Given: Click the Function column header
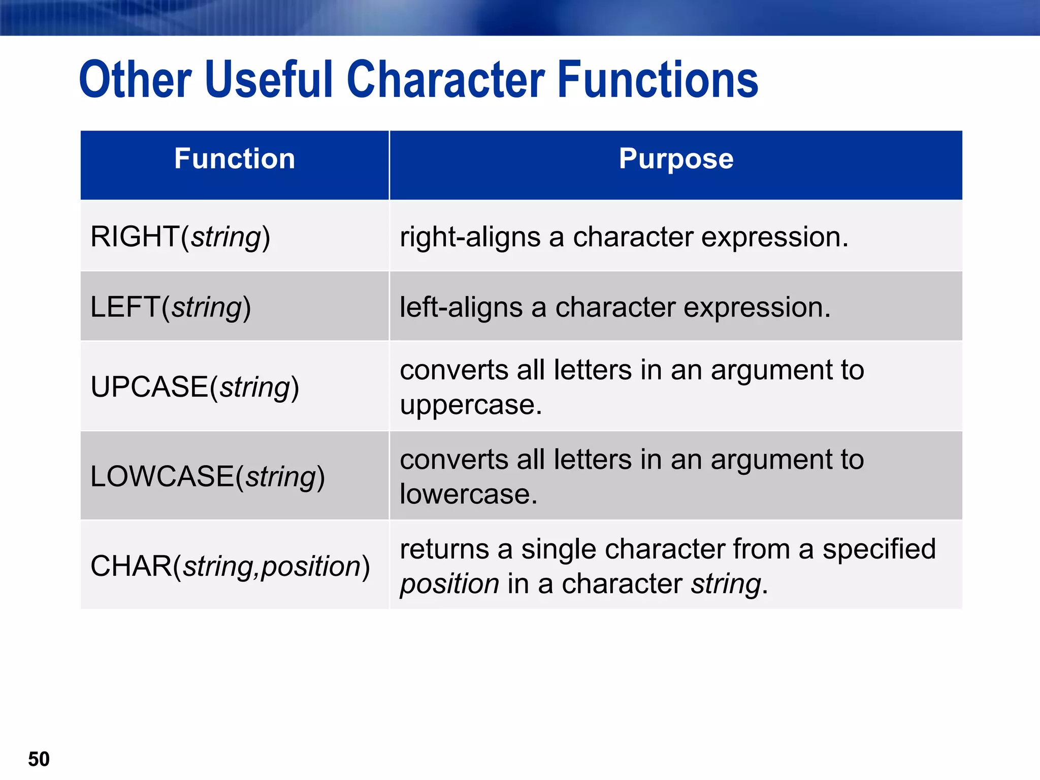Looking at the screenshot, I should click(x=235, y=159).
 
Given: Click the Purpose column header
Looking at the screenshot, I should click(x=676, y=159).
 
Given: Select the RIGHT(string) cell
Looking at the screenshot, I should click(x=180, y=237).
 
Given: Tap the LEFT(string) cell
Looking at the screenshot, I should click(x=171, y=307).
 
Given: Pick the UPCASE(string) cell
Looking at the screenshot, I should click(x=194, y=387).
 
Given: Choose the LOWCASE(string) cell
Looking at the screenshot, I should click(x=207, y=476).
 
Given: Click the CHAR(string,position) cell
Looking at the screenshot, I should click(x=230, y=566).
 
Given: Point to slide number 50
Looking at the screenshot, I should click(x=39, y=759).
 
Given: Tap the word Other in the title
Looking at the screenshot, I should click(x=135, y=80).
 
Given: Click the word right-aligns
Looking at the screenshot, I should click(x=470, y=237).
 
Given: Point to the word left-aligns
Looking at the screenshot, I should click(x=461, y=308).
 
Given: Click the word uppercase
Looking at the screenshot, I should click(x=470, y=405).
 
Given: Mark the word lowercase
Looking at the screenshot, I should click(x=468, y=494).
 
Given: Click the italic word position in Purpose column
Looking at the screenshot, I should click(x=449, y=584).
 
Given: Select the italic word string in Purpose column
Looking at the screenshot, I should click(x=726, y=584).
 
